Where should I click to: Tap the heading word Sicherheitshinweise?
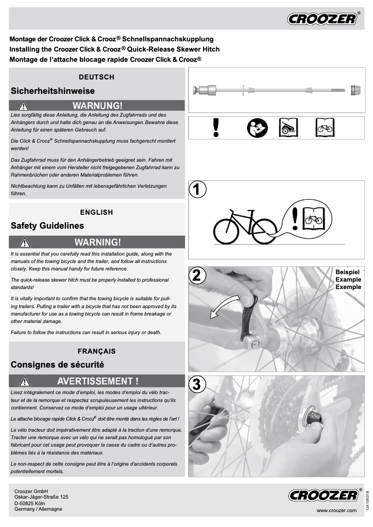pyautogui.click(x=53, y=91)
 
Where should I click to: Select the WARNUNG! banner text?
pyautogui.click(x=97, y=105)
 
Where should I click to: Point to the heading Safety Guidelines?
pyautogui.click(x=47, y=226)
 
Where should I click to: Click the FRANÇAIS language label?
pyautogui.click(x=97, y=351)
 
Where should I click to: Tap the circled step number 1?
pyautogui.click(x=197, y=190)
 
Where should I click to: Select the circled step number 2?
pyautogui.click(x=197, y=275)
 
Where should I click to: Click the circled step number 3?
pyautogui.click(x=197, y=384)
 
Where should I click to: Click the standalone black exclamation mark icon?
pyautogui.click(x=215, y=127)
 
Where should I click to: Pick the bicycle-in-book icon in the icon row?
pyautogui.click(x=324, y=127)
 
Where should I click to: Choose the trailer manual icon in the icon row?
pyautogui.click(x=288, y=127)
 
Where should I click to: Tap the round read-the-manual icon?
pyautogui.click(x=256, y=127)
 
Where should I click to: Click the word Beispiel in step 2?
pyautogui.click(x=348, y=272)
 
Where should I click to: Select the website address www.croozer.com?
pyautogui.click(x=336, y=510)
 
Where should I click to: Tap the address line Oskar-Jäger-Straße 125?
pyautogui.click(x=41, y=497)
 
